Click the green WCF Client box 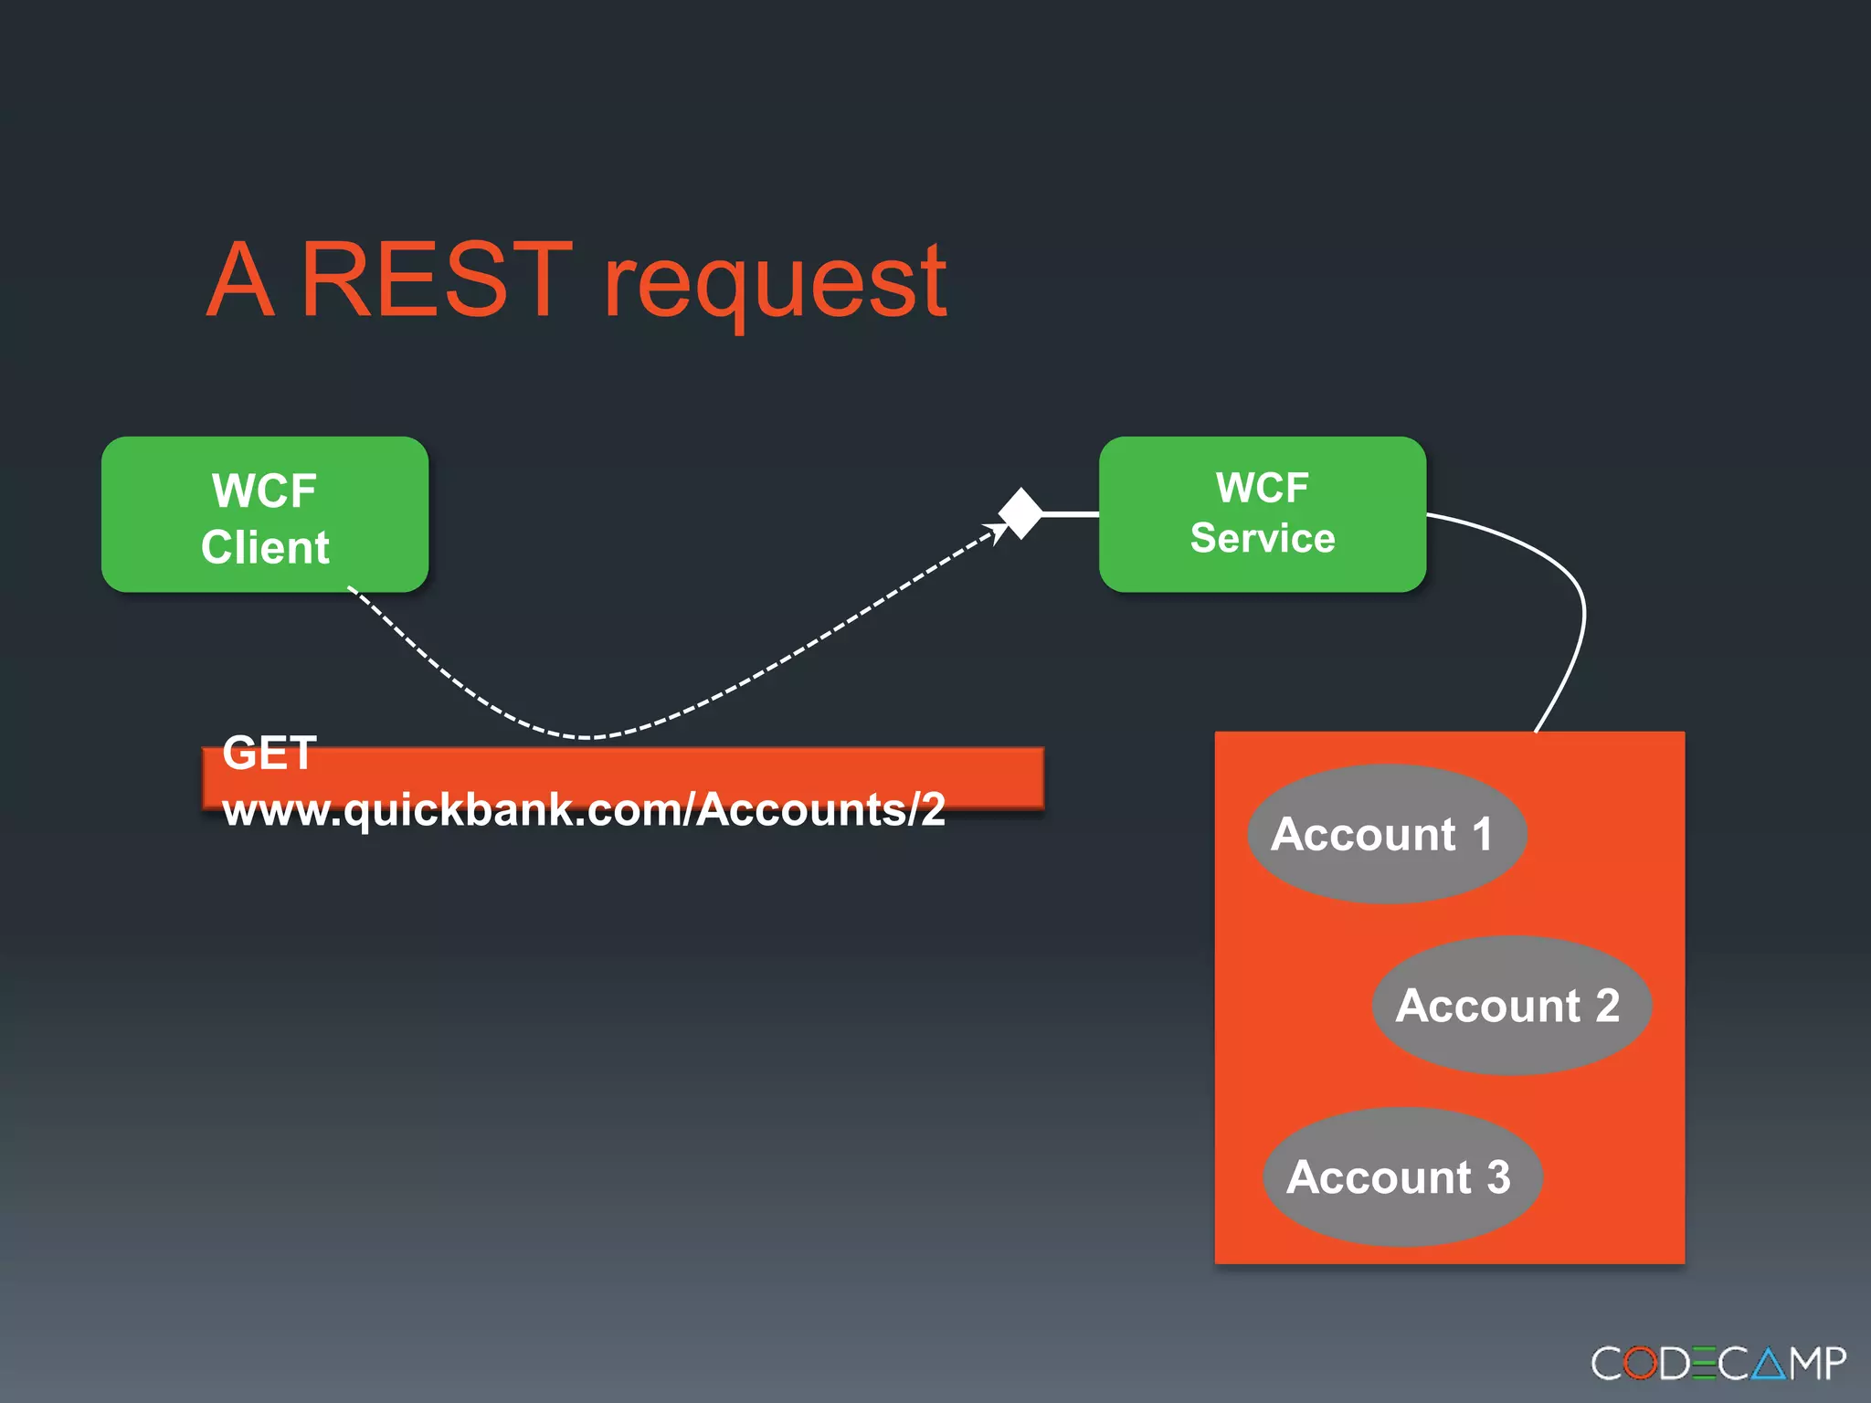[265, 514]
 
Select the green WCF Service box [1262, 514]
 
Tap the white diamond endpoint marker [1020, 513]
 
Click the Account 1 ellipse [1386, 834]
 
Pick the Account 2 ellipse [1511, 1005]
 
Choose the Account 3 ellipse [1402, 1176]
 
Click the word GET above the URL [270, 754]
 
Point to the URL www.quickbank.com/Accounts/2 [585, 809]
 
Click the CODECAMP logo [1718, 1364]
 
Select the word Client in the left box [265, 547]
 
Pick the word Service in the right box [1262, 538]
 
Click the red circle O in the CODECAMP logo [1640, 1364]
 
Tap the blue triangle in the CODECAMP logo [1768, 1365]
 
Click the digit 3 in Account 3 [1497, 1176]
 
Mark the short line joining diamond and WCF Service [1070, 514]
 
